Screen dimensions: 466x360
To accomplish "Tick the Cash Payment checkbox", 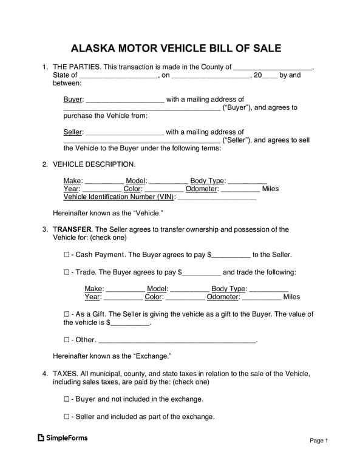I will [67, 255].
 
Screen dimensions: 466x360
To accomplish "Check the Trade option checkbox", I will [67, 272].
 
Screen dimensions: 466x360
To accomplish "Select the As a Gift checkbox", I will [67, 314].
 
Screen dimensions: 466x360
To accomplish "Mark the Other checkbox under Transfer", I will [67, 340].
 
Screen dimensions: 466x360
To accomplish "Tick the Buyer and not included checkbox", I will [67, 399].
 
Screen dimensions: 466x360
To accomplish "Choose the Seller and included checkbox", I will [67, 417].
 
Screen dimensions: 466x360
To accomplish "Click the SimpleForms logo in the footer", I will [63, 437].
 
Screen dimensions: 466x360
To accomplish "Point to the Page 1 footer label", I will [319, 441].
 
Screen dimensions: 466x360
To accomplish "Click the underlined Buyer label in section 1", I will [73, 100].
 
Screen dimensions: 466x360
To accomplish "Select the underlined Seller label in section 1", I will [73, 132].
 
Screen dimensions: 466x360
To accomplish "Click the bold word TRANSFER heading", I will [72, 229].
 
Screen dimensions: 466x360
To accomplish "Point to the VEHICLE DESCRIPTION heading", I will [94, 164].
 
